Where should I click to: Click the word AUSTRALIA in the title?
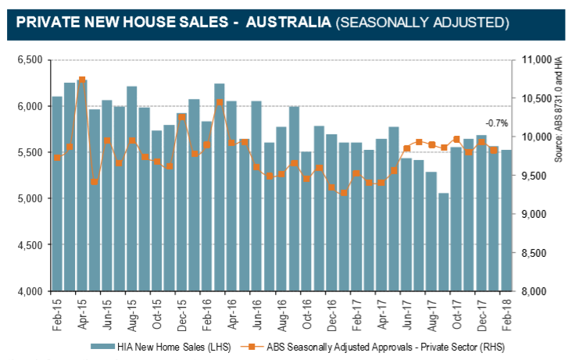287,23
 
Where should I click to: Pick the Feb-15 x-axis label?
57,313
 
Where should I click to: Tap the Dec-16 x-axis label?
332,313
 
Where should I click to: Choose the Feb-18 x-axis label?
507,313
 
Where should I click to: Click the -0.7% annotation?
496,123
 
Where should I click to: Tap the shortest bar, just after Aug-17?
444,242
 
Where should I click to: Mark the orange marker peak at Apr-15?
82,80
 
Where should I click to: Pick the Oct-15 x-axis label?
157,313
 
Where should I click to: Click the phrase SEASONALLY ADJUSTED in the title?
422,23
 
